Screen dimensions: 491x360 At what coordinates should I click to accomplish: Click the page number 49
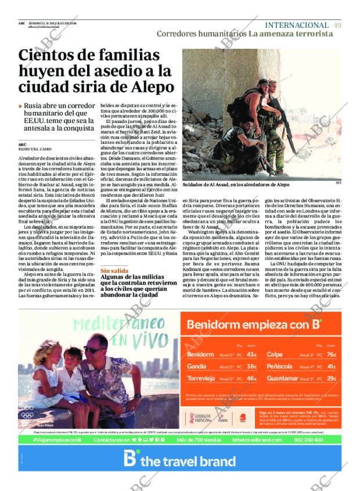tap(337, 25)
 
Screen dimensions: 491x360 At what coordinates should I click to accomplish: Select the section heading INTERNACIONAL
tap(296, 25)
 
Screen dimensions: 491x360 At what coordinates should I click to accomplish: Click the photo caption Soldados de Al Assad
tap(235, 185)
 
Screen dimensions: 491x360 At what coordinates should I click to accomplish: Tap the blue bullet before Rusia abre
tap(21, 107)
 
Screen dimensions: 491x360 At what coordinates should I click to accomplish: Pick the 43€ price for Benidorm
tap(251, 354)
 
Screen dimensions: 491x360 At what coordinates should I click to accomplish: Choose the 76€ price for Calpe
tap(331, 354)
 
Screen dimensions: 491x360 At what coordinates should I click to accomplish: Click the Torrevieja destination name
tap(201, 378)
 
